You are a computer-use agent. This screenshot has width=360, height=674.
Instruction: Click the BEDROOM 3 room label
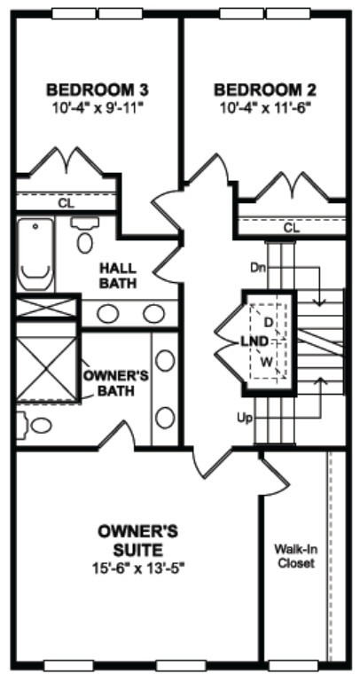(98, 90)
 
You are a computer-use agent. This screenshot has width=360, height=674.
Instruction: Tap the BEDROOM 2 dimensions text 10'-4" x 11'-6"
(265, 107)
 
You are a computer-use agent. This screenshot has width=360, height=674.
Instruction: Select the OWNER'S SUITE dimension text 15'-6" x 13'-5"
(138, 568)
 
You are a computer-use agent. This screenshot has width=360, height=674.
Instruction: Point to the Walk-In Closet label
(294, 556)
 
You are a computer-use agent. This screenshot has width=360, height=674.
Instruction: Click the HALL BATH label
(118, 276)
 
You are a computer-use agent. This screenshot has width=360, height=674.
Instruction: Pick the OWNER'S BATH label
(115, 383)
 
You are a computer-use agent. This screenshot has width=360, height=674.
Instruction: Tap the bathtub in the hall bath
(35, 254)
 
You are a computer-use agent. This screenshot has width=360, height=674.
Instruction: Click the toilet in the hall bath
(84, 236)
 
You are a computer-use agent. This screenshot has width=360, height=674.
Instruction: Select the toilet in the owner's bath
(35, 425)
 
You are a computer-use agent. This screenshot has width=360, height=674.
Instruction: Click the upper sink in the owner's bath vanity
(165, 360)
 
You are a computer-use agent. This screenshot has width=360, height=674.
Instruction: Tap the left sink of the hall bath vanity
(108, 314)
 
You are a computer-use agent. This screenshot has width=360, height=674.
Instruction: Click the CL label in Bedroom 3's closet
(67, 203)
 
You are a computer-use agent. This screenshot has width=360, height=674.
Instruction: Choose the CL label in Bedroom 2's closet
(292, 228)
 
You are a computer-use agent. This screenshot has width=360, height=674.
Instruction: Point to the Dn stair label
(258, 267)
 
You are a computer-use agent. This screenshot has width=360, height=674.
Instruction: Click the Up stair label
(244, 418)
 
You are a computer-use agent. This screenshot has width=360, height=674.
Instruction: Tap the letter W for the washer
(267, 362)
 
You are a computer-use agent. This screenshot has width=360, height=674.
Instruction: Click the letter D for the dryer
(268, 322)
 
